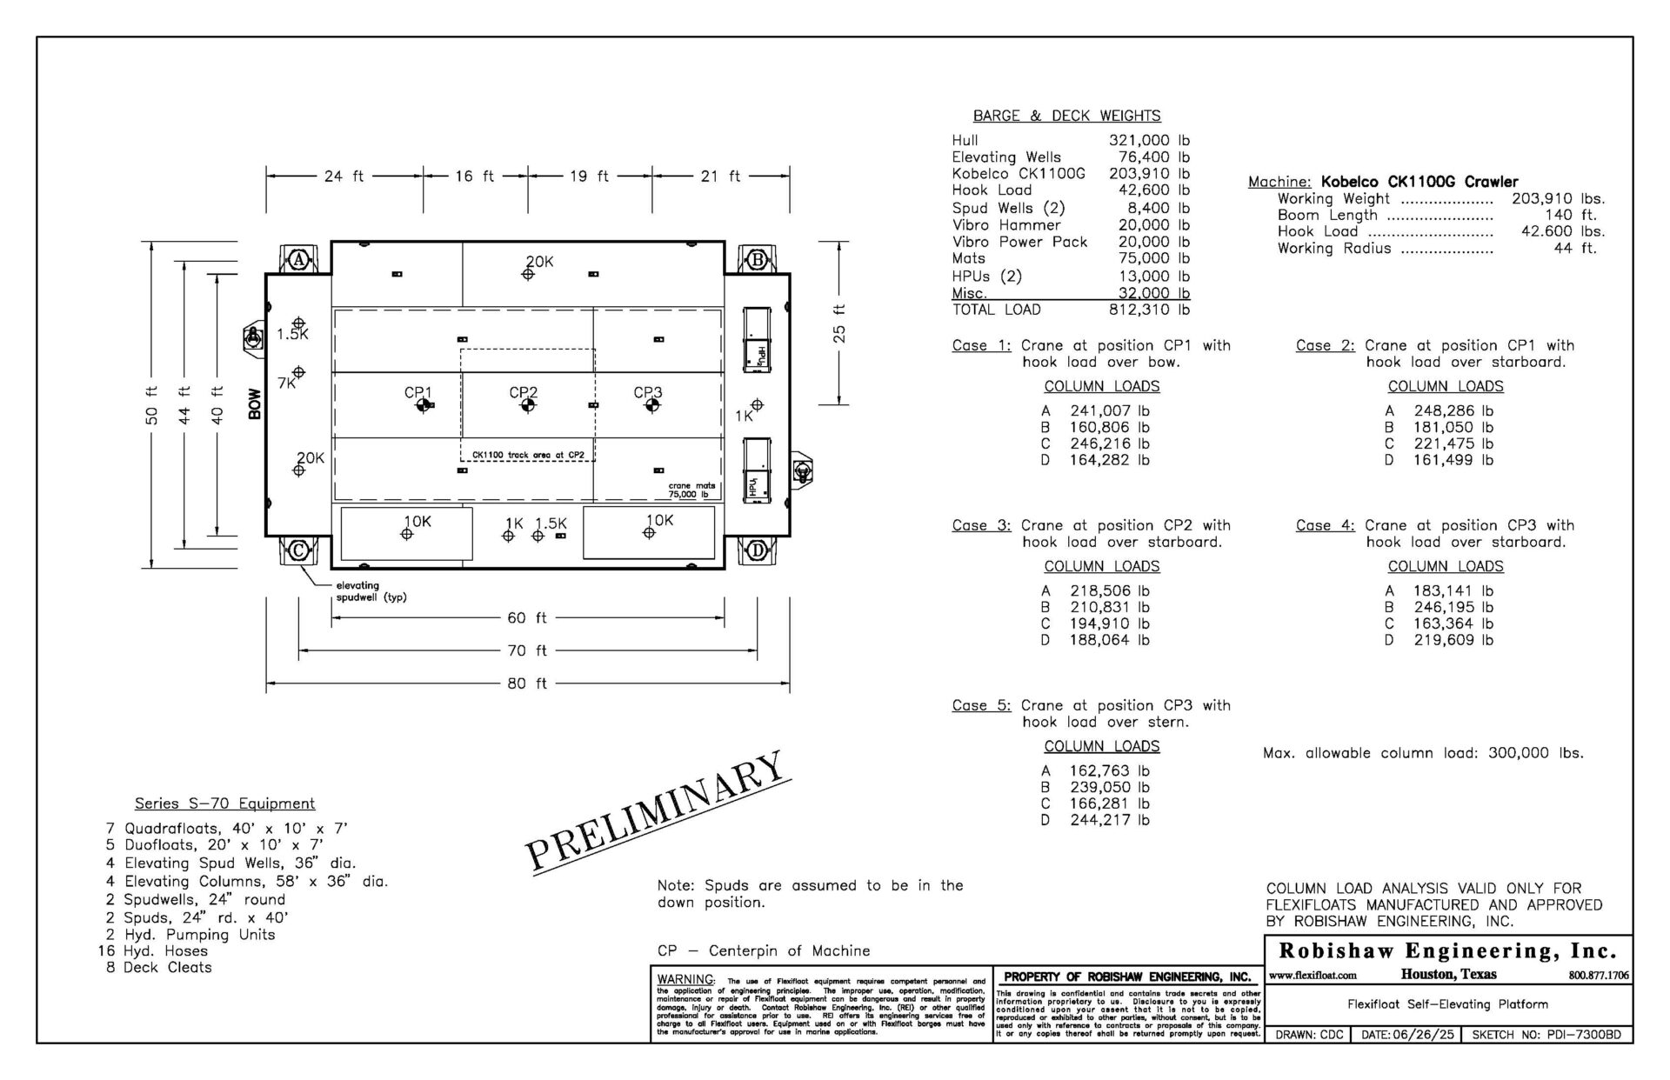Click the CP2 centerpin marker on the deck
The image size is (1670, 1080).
[x=527, y=405]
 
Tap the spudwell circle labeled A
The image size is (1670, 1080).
[x=299, y=259]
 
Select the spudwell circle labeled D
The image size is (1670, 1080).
[x=757, y=550]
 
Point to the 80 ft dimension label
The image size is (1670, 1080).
[x=527, y=683]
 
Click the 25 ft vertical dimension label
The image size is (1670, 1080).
[x=839, y=323]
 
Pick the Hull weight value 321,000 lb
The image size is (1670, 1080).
[x=1149, y=140]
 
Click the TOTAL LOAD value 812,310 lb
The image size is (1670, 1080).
[x=1149, y=310]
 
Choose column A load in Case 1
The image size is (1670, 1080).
[x=1109, y=410]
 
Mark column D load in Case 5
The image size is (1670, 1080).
[x=1109, y=820]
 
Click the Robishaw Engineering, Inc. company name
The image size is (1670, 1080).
[x=1447, y=950]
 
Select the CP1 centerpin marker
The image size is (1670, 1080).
[x=422, y=405]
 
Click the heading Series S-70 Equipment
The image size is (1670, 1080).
[x=224, y=803]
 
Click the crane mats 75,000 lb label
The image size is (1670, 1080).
[x=689, y=490]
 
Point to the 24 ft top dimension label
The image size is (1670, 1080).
[x=344, y=177]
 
